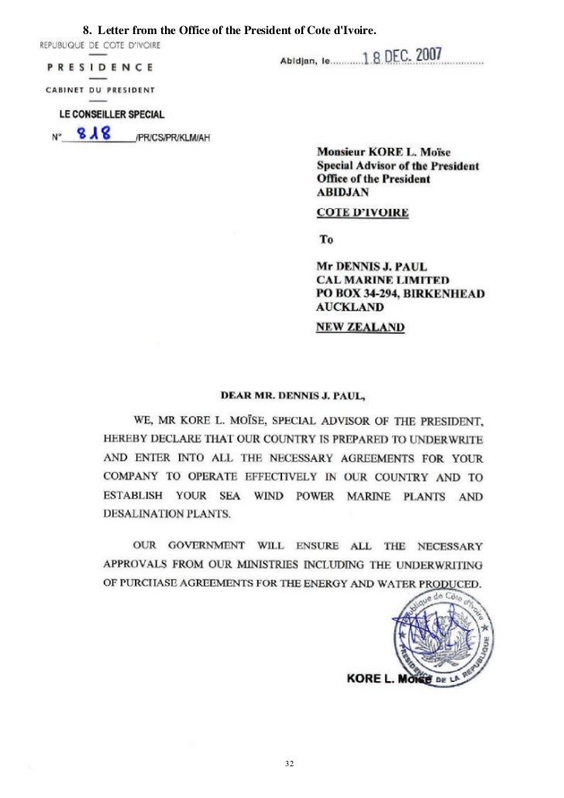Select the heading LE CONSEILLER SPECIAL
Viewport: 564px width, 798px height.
click(x=112, y=115)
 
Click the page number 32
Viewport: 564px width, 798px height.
click(x=290, y=743)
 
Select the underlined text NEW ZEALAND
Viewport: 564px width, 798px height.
click(x=360, y=327)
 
